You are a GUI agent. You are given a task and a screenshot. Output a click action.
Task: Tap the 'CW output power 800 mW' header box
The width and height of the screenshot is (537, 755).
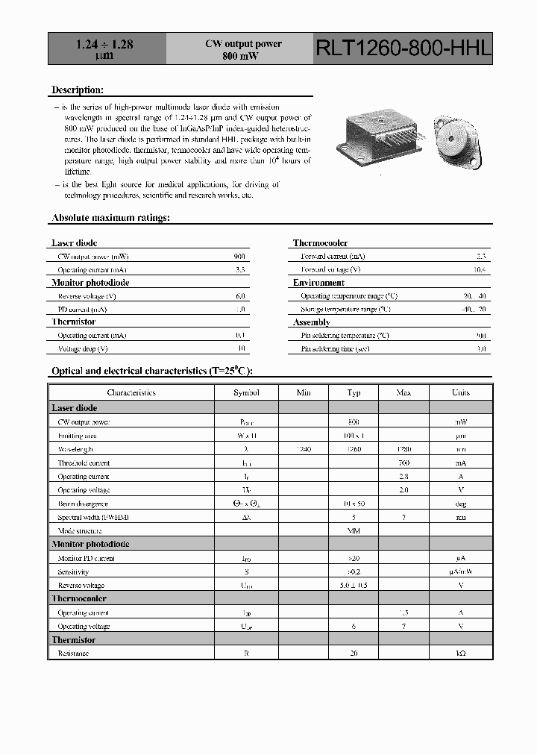tap(243, 50)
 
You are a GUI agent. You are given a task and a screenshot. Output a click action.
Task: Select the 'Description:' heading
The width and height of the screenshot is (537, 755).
tap(77, 90)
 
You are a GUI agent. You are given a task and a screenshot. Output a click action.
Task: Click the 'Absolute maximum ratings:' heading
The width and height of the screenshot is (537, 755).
tap(110, 218)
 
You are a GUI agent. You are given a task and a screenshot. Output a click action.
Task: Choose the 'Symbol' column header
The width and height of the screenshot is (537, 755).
tap(246, 392)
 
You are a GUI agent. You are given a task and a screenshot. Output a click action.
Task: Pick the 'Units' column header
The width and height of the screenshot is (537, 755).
tap(461, 392)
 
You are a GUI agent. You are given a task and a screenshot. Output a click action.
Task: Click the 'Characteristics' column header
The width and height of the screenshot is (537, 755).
tap(131, 392)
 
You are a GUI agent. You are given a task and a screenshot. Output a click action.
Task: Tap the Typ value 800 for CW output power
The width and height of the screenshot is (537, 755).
tap(354, 422)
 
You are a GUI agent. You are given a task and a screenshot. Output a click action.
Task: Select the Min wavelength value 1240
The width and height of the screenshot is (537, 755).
tap(304, 449)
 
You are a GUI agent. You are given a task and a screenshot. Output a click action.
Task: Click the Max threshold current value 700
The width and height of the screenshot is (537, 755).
tap(403, 463)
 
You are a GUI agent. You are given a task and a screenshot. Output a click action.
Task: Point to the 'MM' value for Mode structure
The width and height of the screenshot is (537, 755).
tap(354, 530)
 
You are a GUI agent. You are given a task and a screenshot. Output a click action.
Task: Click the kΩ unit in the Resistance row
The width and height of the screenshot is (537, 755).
tap(461, 654)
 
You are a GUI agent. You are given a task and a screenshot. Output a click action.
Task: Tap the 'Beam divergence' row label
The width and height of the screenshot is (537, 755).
tap(84, 504)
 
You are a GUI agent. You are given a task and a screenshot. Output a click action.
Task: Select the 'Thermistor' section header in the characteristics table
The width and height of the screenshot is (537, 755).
tap(73, 640)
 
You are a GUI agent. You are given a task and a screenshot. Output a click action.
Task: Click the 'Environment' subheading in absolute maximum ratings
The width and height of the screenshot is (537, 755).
tap(318, 283)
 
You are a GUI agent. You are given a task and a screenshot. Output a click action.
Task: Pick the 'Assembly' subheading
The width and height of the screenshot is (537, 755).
tap(312, 322)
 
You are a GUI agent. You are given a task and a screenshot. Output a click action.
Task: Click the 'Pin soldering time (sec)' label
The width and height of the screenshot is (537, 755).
tap(336, 348)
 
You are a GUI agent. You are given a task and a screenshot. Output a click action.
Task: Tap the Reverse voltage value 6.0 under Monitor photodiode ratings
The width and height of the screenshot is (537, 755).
tap(240, 296)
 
